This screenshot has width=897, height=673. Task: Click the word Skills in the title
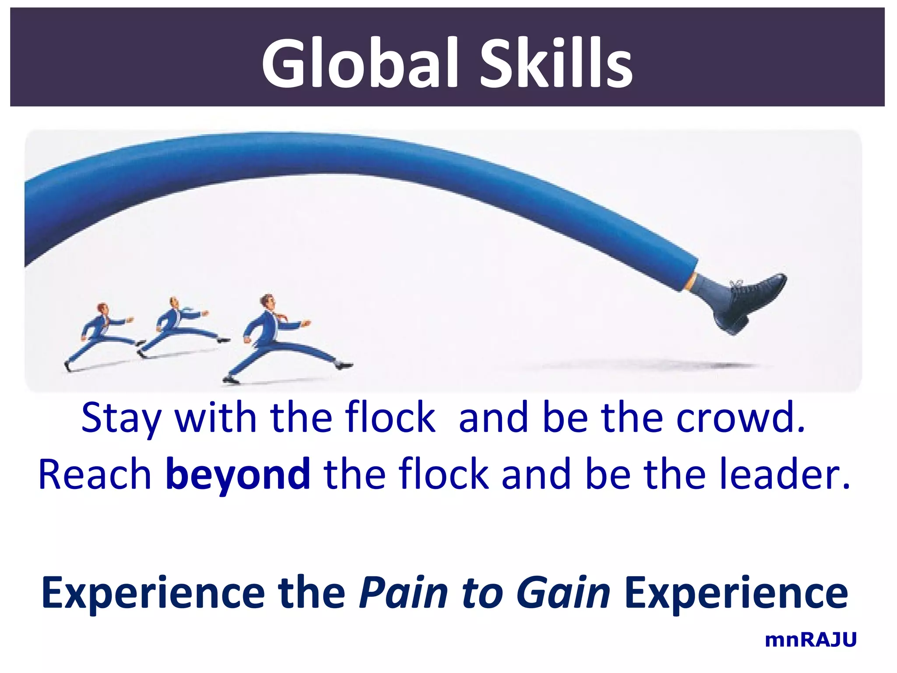pos(556,64)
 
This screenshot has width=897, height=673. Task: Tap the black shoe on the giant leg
pos(751,302)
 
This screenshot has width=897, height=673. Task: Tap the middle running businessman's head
pos(174,302)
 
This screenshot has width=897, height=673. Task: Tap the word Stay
pos(121,418)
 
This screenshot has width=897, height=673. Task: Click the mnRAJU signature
pos(810,640)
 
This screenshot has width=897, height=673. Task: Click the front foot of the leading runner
pos(344,365)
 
